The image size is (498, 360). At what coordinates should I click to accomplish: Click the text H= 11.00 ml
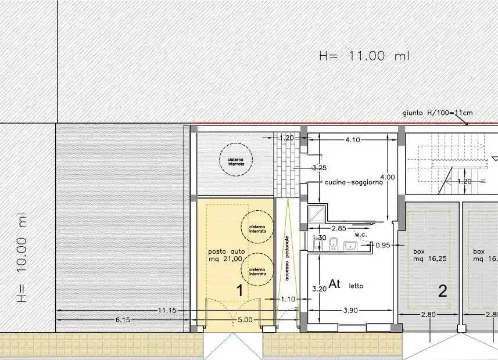(364, 56)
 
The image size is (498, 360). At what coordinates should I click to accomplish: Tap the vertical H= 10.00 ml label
(23, 257)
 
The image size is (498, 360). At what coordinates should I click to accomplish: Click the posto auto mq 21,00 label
(224, 255)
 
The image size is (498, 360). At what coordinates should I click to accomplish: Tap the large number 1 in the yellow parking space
(239, 291)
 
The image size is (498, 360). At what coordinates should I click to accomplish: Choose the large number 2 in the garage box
(442, 291)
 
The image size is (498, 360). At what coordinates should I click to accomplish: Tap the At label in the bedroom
(335, 284)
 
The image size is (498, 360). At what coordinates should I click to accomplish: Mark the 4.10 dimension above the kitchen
(354, 139)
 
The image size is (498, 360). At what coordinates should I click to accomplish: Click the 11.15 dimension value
(167, 311)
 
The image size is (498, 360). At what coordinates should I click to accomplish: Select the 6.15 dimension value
(123, 320)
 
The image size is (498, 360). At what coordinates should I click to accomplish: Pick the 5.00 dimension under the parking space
(245, 320)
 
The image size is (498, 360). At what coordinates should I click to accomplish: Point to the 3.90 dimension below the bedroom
(350, 311)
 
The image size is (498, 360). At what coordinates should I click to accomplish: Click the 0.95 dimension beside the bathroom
(383, 246)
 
